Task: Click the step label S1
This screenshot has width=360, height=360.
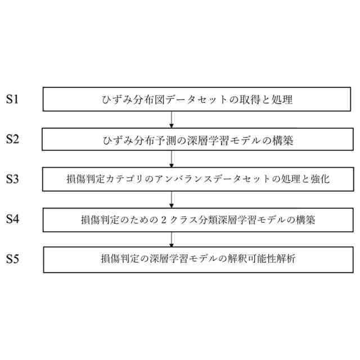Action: tap(12, 100)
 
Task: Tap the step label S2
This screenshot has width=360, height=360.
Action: tap(12, 139)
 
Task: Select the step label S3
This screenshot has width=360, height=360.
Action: tap(12, 179)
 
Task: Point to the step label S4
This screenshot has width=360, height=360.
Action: tap(12, 219)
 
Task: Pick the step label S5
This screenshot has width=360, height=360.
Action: tap(12, 259)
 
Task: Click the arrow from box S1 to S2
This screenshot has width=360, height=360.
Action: tap(171, 119)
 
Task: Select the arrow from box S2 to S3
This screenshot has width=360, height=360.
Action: tap(171, 159)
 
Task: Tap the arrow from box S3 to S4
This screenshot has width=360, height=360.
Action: tap(171, 199)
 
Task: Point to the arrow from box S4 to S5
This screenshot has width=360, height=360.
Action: tap(171, 239)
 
